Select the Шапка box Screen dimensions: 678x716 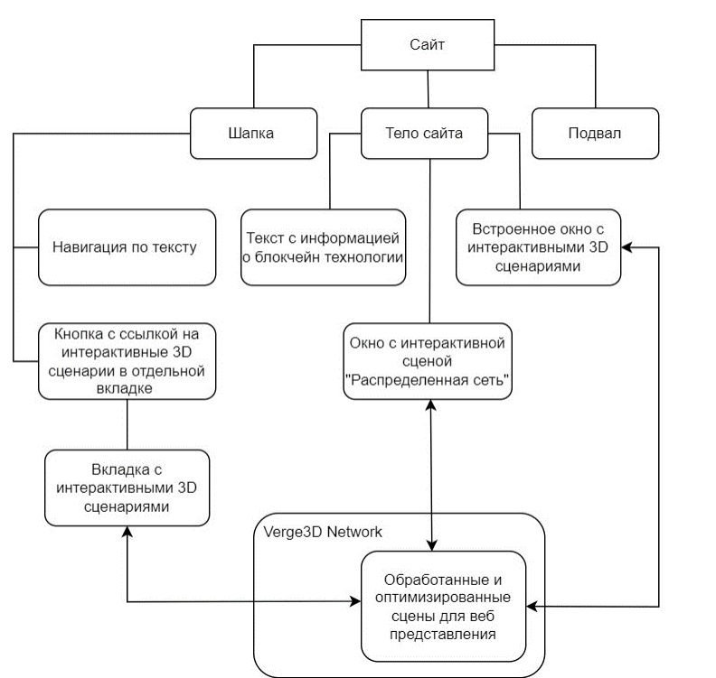click(x=252, y=133)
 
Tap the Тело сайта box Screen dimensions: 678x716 click(x=424, y=133)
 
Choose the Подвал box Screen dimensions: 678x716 click(x=594, y=133)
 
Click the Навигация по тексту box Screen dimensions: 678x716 click(x=125, y=246)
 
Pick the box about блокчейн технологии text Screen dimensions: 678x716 click(x=324, y=247)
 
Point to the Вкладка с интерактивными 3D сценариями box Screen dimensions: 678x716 click(x=127, y=488)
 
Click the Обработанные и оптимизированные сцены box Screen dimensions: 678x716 click(x=443, y=605)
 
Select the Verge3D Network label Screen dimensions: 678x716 click(x=322, y=532)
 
